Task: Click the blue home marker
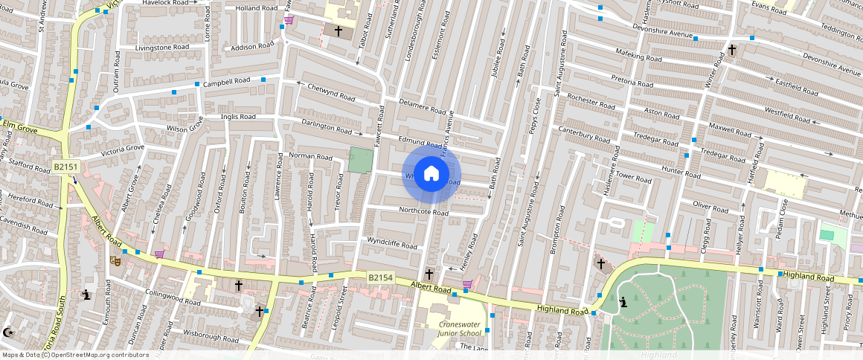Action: coord(431,174)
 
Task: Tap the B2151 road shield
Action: coord(66,168)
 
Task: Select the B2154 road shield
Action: coord(380,277)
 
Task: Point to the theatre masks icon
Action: coord(115,260)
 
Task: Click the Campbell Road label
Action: coord(227,81)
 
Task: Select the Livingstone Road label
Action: coord(161,47)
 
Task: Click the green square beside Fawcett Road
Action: coord(360,160)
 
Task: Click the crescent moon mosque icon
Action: coord(9,332)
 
